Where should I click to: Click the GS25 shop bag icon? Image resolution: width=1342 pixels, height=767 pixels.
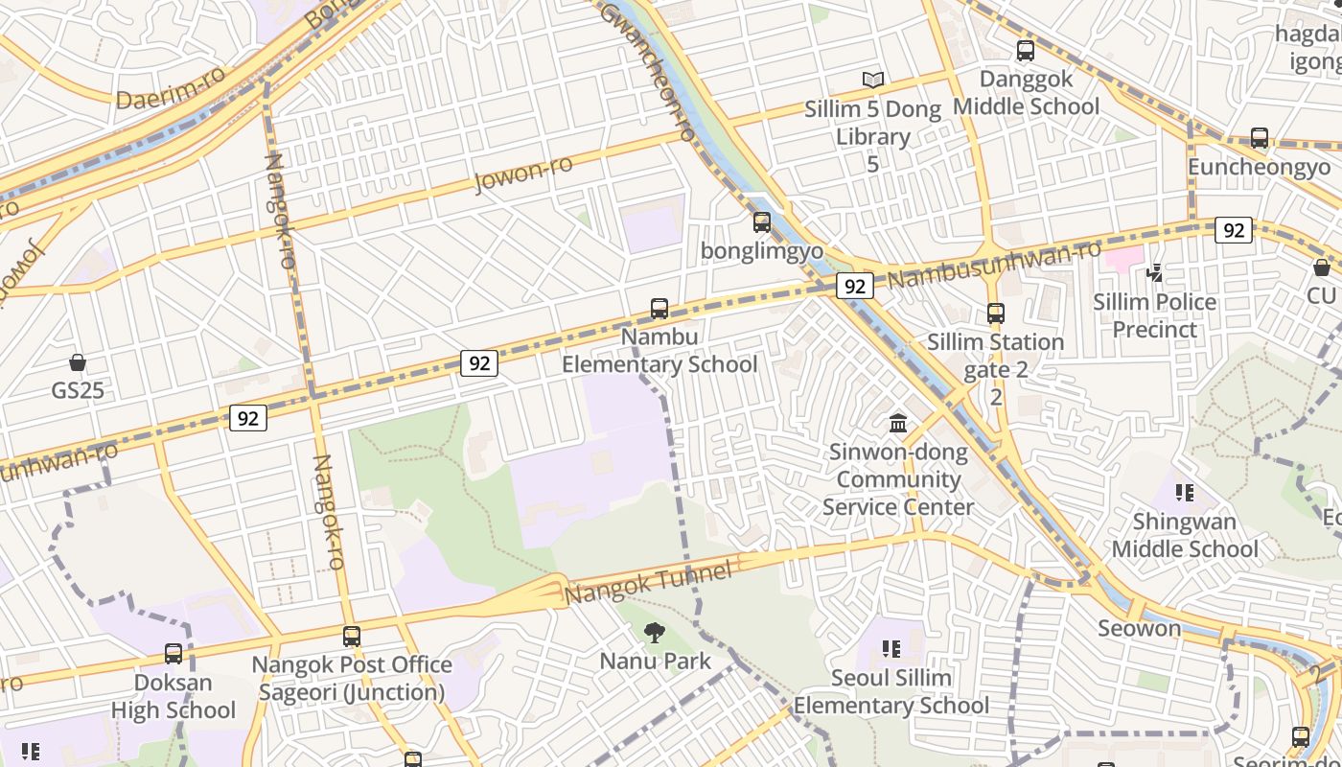pos(78,362)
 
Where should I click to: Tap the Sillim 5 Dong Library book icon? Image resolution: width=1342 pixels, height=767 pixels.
pos(872,81)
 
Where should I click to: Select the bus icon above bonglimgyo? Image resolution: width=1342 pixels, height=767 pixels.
pos(762,222)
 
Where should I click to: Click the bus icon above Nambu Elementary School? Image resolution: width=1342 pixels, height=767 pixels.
pos(659,309)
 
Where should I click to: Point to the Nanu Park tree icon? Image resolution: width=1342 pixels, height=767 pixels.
pos(655,632)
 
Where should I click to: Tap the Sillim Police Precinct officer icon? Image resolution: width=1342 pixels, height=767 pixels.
pos(1155,274)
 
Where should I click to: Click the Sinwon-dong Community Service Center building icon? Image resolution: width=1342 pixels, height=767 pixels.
pos(898,423)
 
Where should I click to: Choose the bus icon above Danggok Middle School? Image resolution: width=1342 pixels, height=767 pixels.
pos(1026,51)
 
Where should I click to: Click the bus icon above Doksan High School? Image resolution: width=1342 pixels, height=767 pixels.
pos(174,654)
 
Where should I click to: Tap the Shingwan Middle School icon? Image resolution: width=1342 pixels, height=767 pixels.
pos(1185,494)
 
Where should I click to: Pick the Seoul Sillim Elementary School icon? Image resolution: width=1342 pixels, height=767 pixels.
pos(891,650)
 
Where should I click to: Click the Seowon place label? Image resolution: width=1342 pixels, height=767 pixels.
pos(1139,629)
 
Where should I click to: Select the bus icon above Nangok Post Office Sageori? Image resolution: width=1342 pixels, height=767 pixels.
pos(352,636)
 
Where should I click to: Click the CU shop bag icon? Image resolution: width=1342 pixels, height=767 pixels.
pos(1322,267)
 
